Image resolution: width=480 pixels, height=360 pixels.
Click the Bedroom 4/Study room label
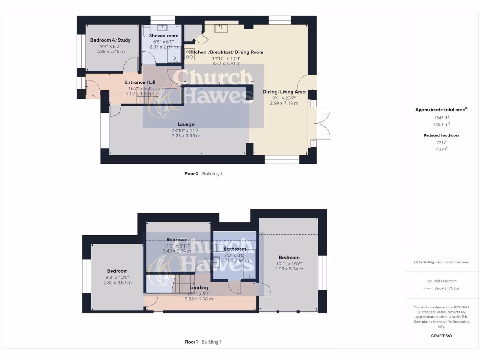pos(111,40)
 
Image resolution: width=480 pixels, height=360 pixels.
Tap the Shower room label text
pos(164,36)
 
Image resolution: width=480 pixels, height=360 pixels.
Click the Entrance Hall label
pos(140,82)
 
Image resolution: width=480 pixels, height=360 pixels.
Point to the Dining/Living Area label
pos(284,92)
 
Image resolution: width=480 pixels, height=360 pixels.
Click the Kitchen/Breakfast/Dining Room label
pos(226,52)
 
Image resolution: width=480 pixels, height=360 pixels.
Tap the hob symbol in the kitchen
pos(189,54)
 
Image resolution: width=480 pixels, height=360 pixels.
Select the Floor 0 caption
pos(191,173)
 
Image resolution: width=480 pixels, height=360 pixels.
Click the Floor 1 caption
pos(191,342)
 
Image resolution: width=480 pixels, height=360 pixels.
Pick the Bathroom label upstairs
pos(234,249)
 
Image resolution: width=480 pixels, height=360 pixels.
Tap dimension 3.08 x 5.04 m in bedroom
pos(289,269)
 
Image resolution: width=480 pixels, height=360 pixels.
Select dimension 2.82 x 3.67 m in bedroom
pos(117,283)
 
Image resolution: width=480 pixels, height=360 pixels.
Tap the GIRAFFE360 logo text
pos(441,336)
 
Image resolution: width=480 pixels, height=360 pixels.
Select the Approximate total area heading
pos(440,110)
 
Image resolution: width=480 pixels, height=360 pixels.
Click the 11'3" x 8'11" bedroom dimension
pos(177,245)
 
